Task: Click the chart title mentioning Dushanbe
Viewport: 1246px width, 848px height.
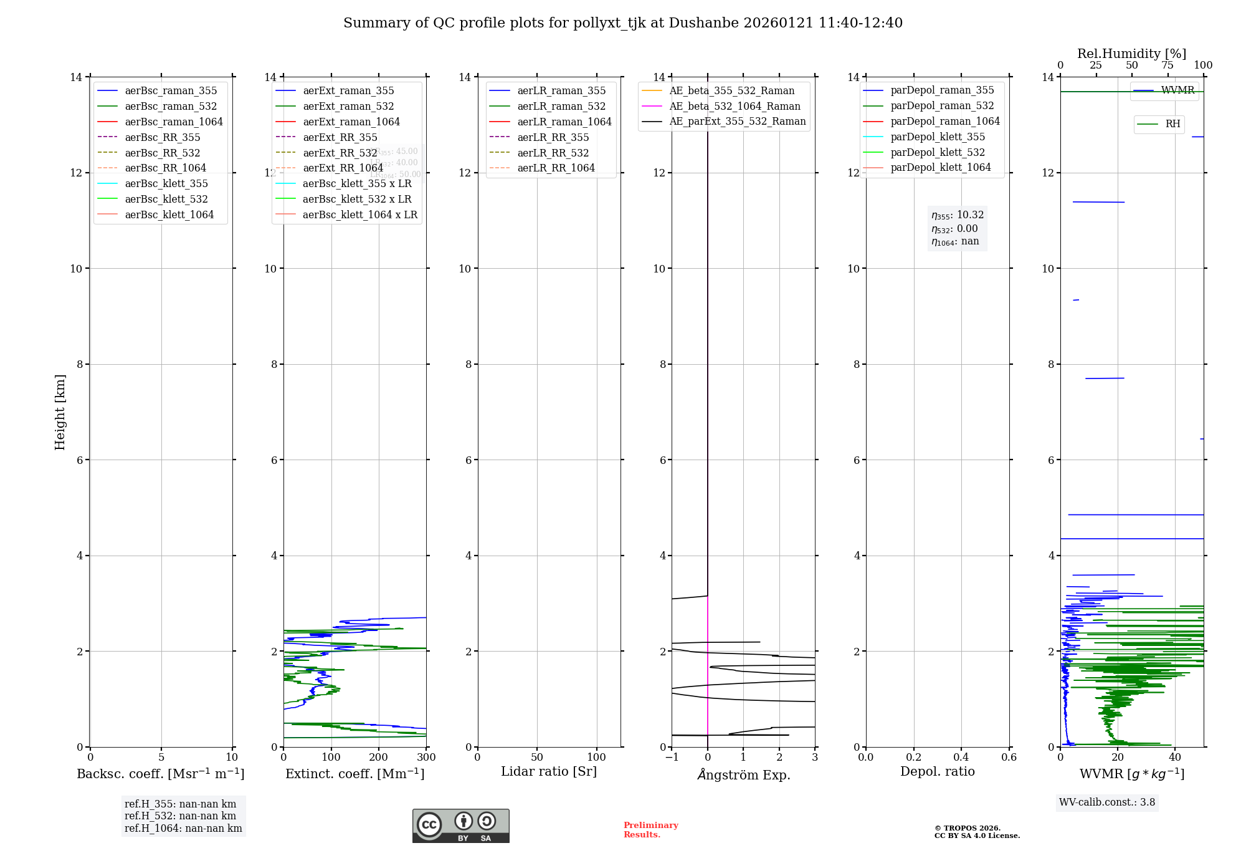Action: point(623,23)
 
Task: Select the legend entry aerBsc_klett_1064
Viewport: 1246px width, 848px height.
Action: point(169,214)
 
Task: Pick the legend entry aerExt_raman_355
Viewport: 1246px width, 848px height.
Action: point(348,91)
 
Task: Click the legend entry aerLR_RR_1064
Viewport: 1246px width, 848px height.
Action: point(556,168)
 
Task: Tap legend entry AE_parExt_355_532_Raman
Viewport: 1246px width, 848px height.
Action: point(737,122)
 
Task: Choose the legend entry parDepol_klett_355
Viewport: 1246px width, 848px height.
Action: point(938,137)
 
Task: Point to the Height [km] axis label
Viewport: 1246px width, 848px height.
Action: point(60,412)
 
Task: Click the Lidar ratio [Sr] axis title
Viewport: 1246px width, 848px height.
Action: point(549,771)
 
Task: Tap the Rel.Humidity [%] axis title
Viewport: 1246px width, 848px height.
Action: point(1131,54)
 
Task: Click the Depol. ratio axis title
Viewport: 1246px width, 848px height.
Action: point(937,771)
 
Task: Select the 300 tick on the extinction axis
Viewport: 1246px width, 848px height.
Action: point(427,758)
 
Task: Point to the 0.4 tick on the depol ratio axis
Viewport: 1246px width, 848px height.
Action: point(961,758)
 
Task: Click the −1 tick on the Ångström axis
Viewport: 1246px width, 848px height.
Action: point(672,758)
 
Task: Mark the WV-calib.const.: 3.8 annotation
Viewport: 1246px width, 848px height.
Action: point(1107,802)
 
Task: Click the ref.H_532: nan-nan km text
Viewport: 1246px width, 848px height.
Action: point(180,816)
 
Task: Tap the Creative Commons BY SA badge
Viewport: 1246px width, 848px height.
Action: point(460,826)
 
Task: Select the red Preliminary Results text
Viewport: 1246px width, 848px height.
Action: point(650,830)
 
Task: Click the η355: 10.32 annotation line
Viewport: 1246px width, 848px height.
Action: point(958,215)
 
